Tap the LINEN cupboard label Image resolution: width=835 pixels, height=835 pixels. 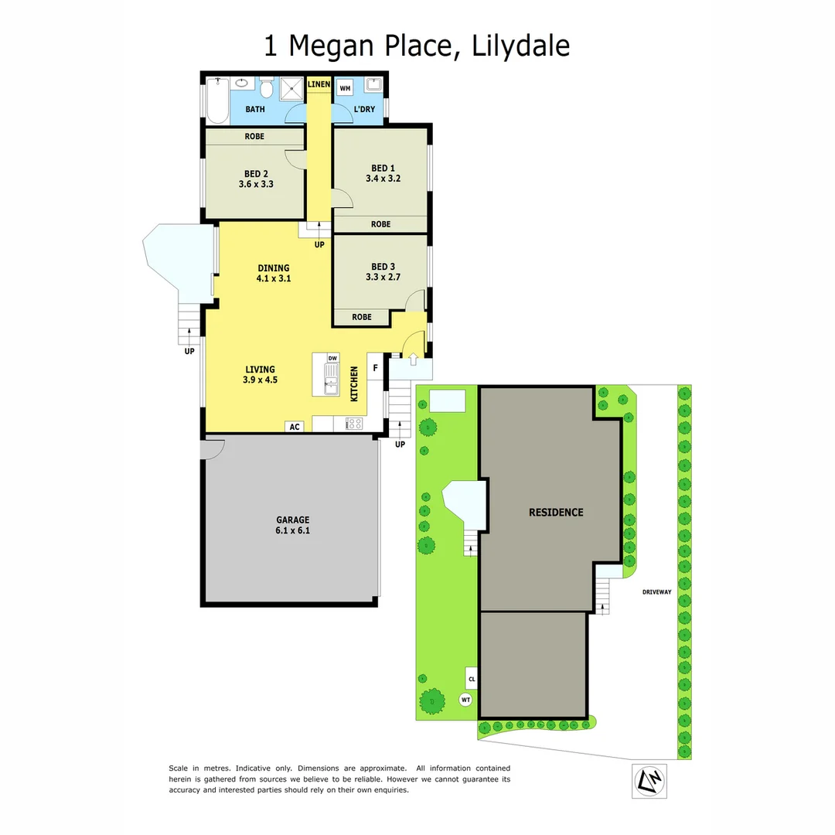coord(319,83)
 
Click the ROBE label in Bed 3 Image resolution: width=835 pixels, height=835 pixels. coord(362,317)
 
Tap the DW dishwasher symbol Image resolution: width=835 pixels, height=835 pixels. coord(332,358)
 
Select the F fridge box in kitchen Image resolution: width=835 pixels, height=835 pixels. coord(376,368)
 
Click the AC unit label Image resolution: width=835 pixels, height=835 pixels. coord(295,426)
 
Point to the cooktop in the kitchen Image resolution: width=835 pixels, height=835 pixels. coord(355,423)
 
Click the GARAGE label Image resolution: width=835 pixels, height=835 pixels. coord(293,520)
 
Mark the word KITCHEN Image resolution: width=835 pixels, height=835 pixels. coord(354,383)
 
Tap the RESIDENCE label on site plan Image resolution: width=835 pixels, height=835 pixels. coord(556,512)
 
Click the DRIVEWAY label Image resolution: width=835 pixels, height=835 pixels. coord(657,592)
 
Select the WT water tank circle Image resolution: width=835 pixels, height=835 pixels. coord(465,700)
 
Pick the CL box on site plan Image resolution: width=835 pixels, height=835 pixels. coord(471,679)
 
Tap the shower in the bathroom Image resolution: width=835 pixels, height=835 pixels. coord(293,89)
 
